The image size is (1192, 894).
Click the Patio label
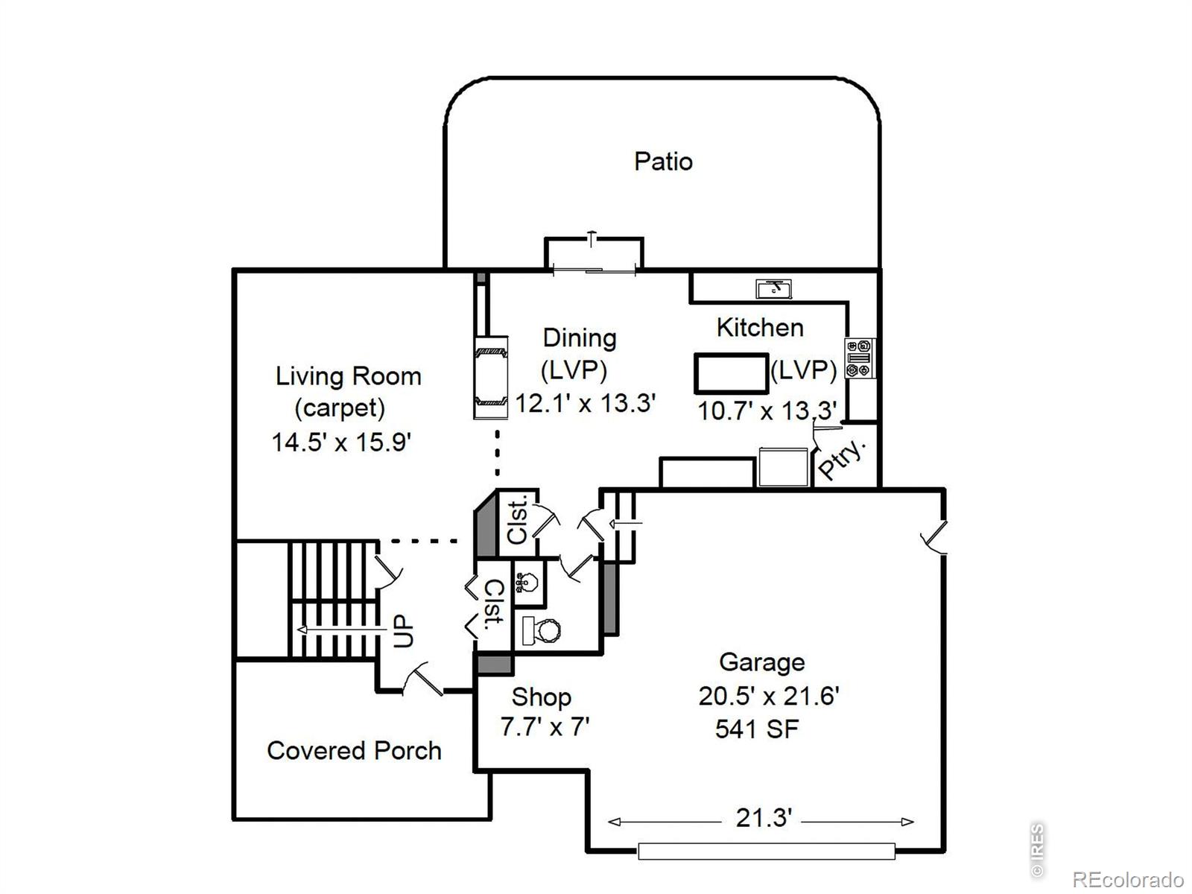point(663,162)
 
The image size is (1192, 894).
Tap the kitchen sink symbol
point(773,288)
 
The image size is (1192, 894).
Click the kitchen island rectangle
point(731,373)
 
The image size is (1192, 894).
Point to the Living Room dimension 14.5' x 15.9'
point(341,442)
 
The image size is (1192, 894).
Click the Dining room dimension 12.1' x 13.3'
point(586,403)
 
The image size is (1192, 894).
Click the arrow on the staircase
point(335,630)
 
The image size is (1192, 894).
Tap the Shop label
point(541,697)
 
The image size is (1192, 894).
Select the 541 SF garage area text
point(757,729)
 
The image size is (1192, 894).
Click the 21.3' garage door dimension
point(763,818)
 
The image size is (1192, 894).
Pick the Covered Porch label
point(354,750)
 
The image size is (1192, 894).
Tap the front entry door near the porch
point(422,679)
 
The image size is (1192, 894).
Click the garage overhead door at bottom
point(766,851)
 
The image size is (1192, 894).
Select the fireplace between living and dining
point(491,377)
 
